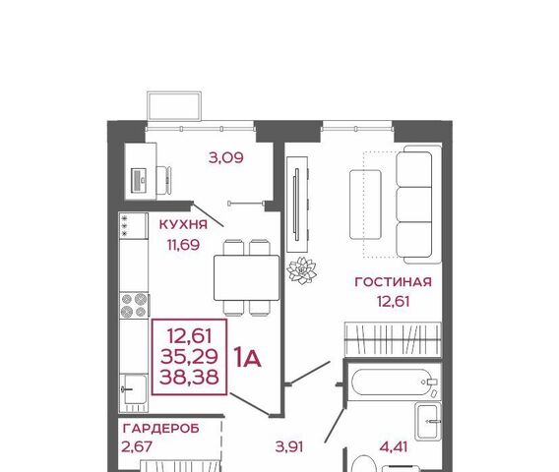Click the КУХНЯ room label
tap(183, 224)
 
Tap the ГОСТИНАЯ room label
tap(394, 282)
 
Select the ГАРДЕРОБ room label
tap(160, 429)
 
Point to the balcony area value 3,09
tap(226, 157)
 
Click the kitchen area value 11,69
tap(183, 245)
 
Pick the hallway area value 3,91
tap(289, 446)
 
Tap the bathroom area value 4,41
tap(394, 446)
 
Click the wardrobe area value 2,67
tap(137, 446)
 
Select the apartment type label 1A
tap(247, 358)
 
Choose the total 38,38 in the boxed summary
tap(189, 377)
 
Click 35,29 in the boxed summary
tap(189, 356)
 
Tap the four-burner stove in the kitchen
tap(134, 306)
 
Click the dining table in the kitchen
tap(247, 278)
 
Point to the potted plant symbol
tap(301, 270)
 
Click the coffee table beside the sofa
tap(365, 205)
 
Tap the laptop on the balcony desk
tap(139, 180)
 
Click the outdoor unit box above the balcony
tap(174, 106)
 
